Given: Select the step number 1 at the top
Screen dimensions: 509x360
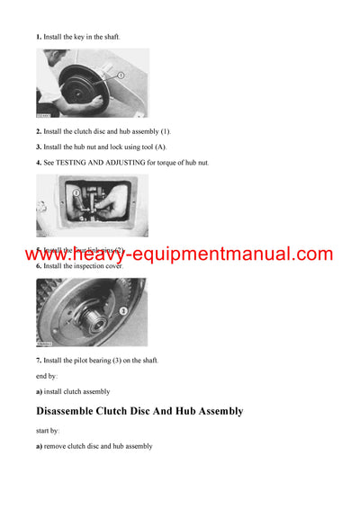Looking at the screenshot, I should [x=38, y=37].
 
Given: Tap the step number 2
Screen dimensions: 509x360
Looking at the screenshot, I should [x=38, y=131].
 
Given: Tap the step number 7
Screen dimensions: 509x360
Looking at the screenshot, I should [x=38, y=361].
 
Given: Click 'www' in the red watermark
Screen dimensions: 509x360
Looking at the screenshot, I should [x=53, y=254].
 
